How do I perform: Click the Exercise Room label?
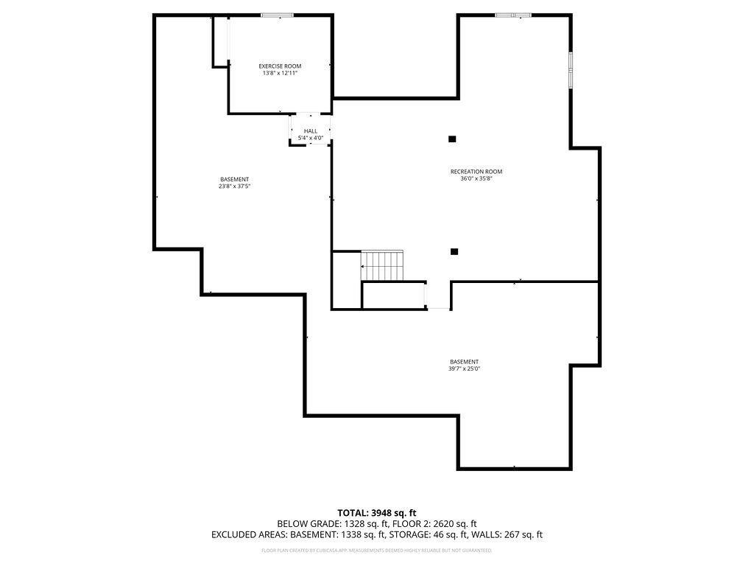click(280, 66)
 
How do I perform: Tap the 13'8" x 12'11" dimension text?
click(280, 73)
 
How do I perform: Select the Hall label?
click(311, 131)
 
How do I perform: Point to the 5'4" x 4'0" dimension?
click(311, 138)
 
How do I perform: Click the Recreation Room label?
click(476, 172)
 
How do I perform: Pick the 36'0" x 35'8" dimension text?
click(476, 178)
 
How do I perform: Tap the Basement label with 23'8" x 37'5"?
click(234, 180)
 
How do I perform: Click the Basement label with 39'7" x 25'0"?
click(465, 362)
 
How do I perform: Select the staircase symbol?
click(383, 265)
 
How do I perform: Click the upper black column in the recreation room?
click(452, 139)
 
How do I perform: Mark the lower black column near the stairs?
click(454, 251)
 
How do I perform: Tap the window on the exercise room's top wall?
click(277, 15)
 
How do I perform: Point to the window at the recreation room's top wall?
click(513, 15)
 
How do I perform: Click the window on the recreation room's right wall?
click(570, 70)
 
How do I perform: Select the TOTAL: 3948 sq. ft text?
click(377, 513)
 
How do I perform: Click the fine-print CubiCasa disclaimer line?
click(377, 550)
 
